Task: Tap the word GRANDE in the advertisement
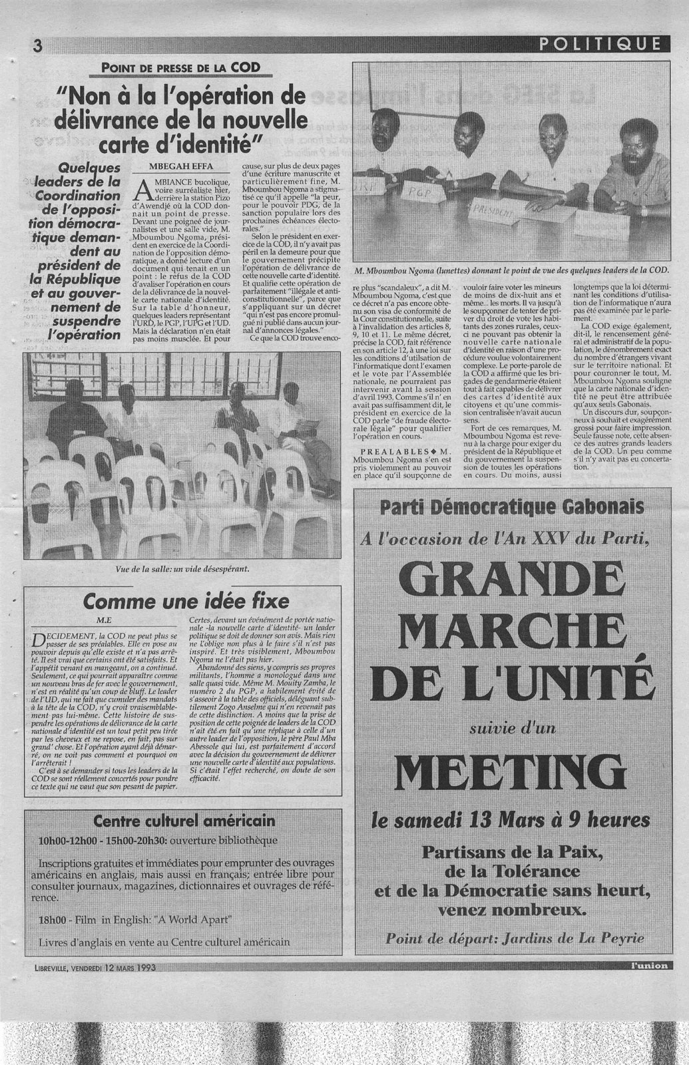coord(511,582)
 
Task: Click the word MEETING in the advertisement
coord(511,771)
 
